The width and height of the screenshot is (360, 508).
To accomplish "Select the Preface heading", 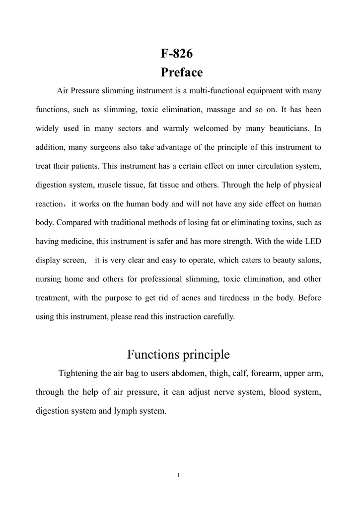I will (182, 72).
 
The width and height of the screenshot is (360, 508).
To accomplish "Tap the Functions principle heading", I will (178, 355).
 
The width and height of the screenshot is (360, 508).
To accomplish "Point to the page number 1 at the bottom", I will (179, 475).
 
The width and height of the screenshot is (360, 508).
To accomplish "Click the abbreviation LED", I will (313, 242).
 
